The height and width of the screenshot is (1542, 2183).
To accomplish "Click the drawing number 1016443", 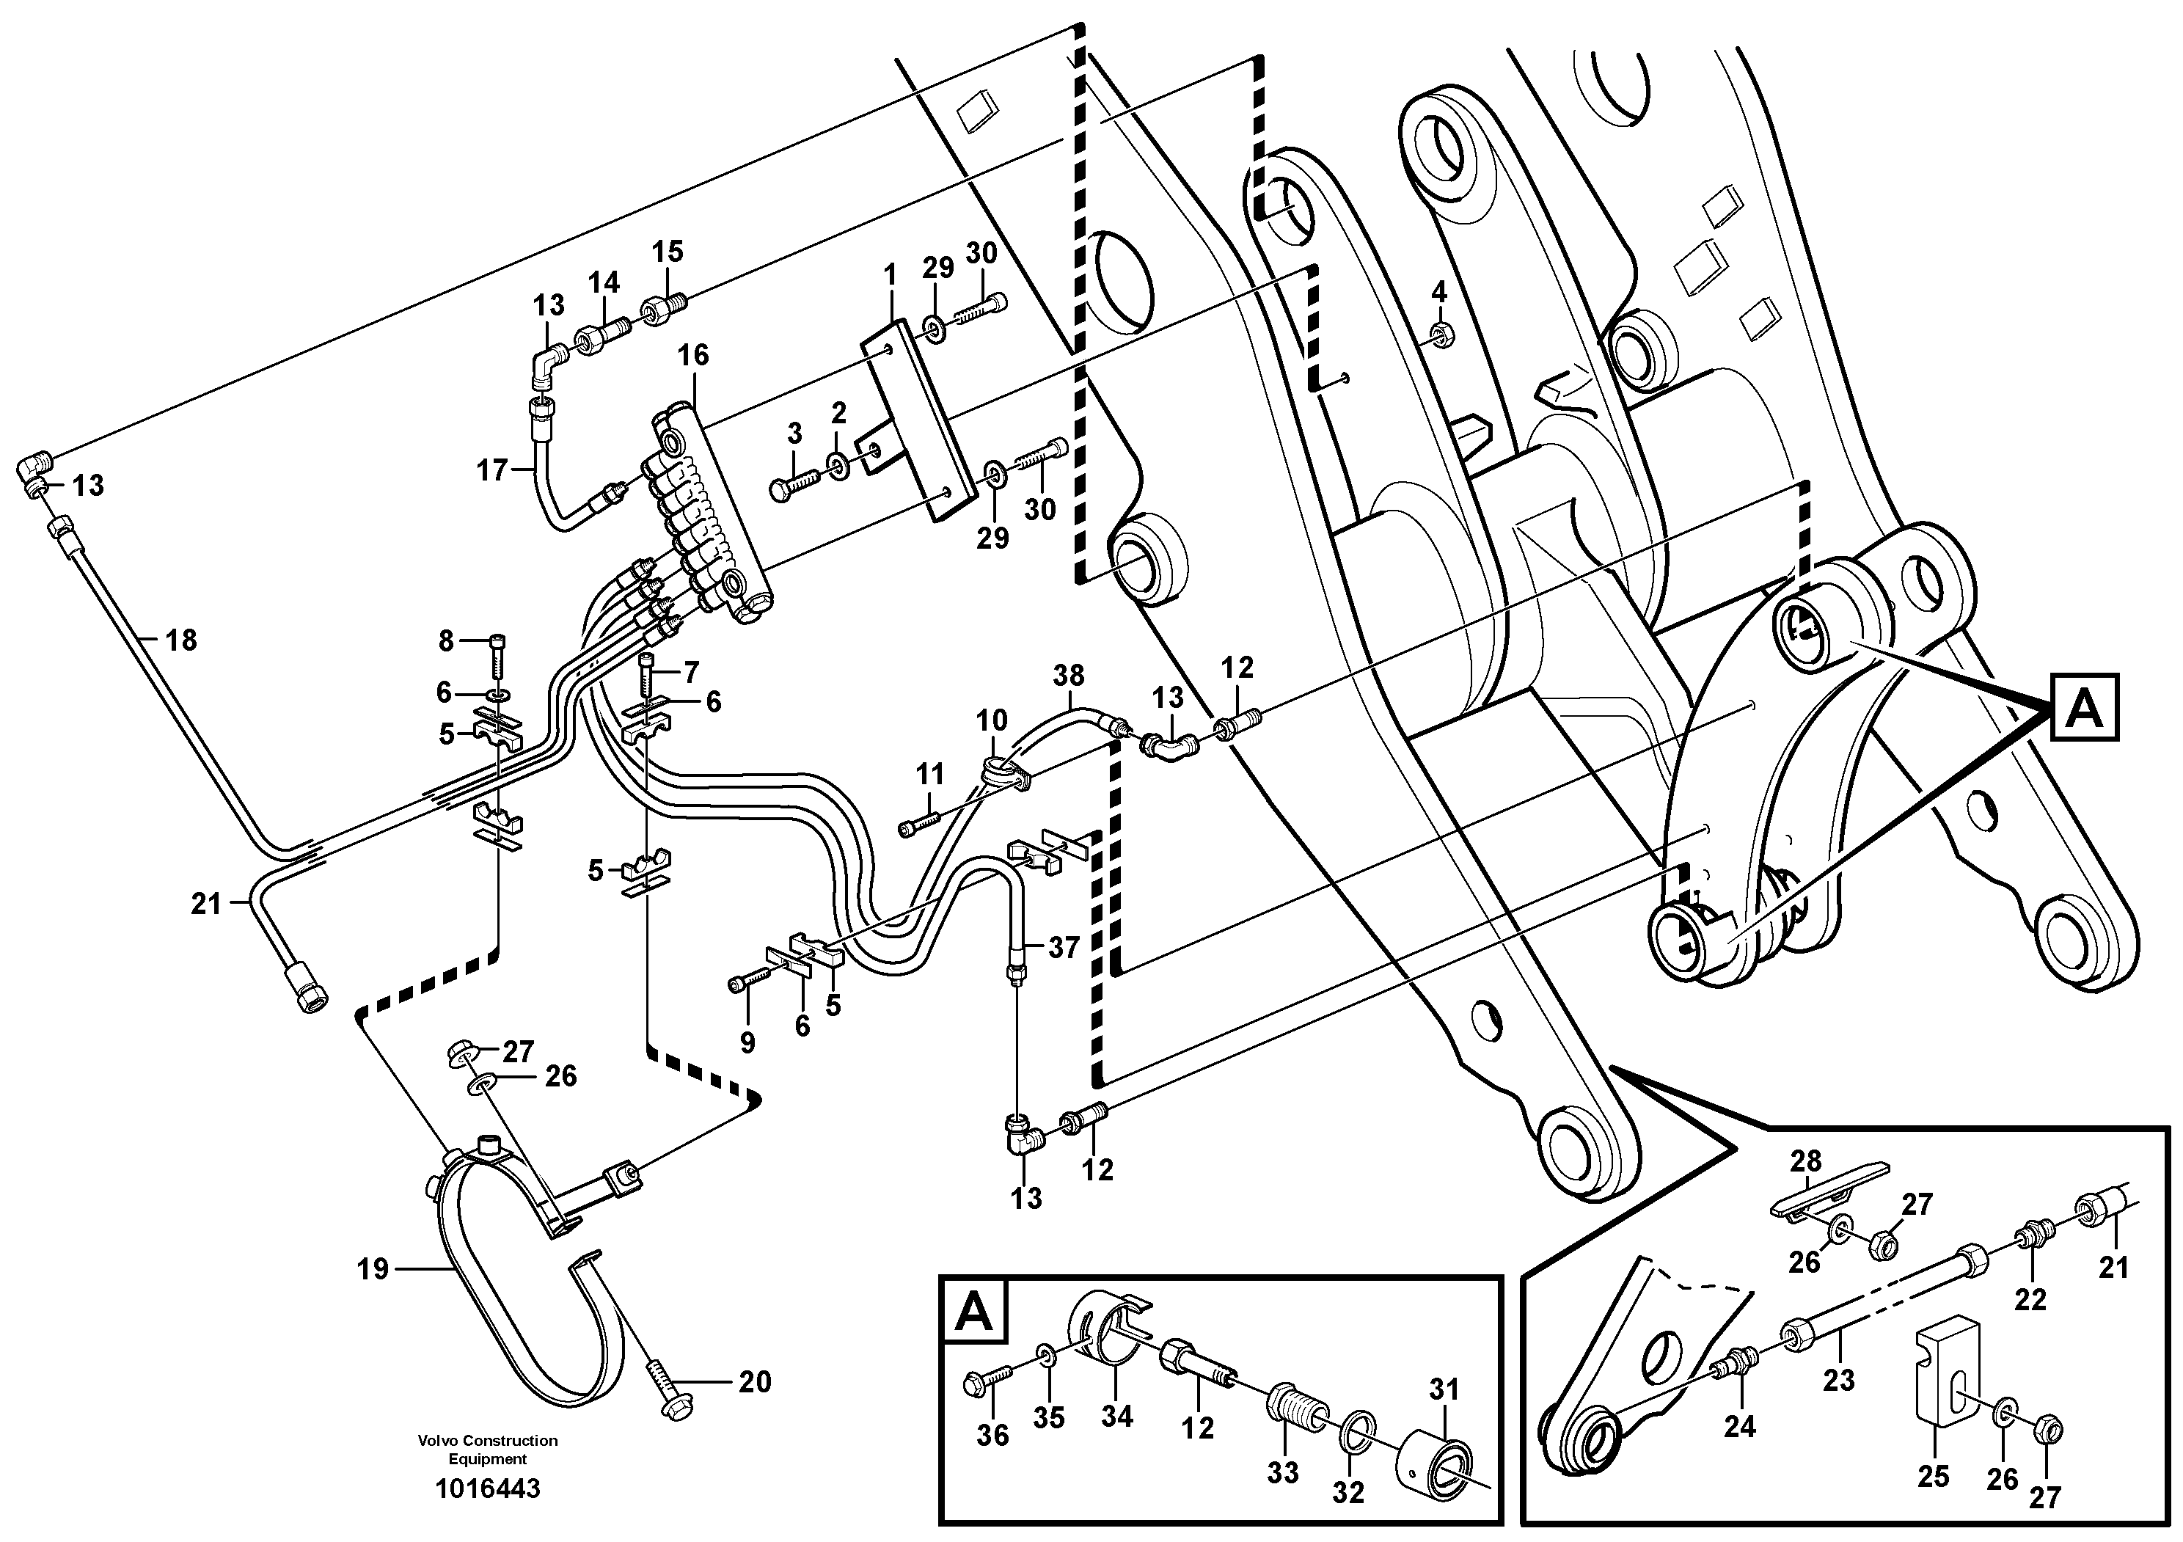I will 487,1488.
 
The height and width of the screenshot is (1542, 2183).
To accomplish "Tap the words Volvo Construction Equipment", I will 487,1450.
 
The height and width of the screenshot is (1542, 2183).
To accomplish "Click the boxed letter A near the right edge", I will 2085,708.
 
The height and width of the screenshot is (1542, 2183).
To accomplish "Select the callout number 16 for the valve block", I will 693,356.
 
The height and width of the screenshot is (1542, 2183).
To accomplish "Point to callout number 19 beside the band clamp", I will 373,1269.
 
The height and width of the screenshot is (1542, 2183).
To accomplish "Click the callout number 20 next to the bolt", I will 755,1381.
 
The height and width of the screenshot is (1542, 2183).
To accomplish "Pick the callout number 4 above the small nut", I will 1438,293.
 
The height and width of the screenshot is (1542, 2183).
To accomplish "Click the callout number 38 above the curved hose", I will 1069,676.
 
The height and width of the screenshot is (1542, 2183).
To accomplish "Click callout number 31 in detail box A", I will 1444,1390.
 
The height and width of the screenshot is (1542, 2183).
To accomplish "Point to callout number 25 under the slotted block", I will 1933,1477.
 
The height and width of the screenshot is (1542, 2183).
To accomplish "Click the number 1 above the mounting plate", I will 890,276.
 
